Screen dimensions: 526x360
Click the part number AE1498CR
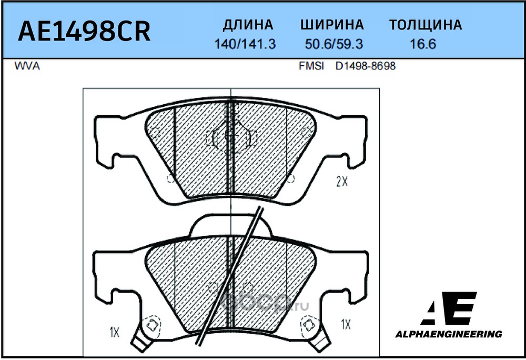[84, 31]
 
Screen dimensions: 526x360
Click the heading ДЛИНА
[248, 25]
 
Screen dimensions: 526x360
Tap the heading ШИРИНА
[332, 25]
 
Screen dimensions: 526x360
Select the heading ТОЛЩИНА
[426, 25]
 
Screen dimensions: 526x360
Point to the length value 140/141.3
[245, 44]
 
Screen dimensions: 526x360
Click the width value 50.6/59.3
[334, 44]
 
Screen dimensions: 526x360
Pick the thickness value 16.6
[423, 44]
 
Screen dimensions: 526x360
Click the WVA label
[27, 66]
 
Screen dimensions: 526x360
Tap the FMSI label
[311, 66]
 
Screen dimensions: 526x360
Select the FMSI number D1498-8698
[366, 66]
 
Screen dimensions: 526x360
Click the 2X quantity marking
[342, 182]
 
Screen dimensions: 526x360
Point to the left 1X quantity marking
[114, 332]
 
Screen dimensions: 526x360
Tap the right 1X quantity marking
[346, 324]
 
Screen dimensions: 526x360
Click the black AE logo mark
[449, 308]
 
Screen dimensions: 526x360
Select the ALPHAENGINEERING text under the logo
[449, 334]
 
